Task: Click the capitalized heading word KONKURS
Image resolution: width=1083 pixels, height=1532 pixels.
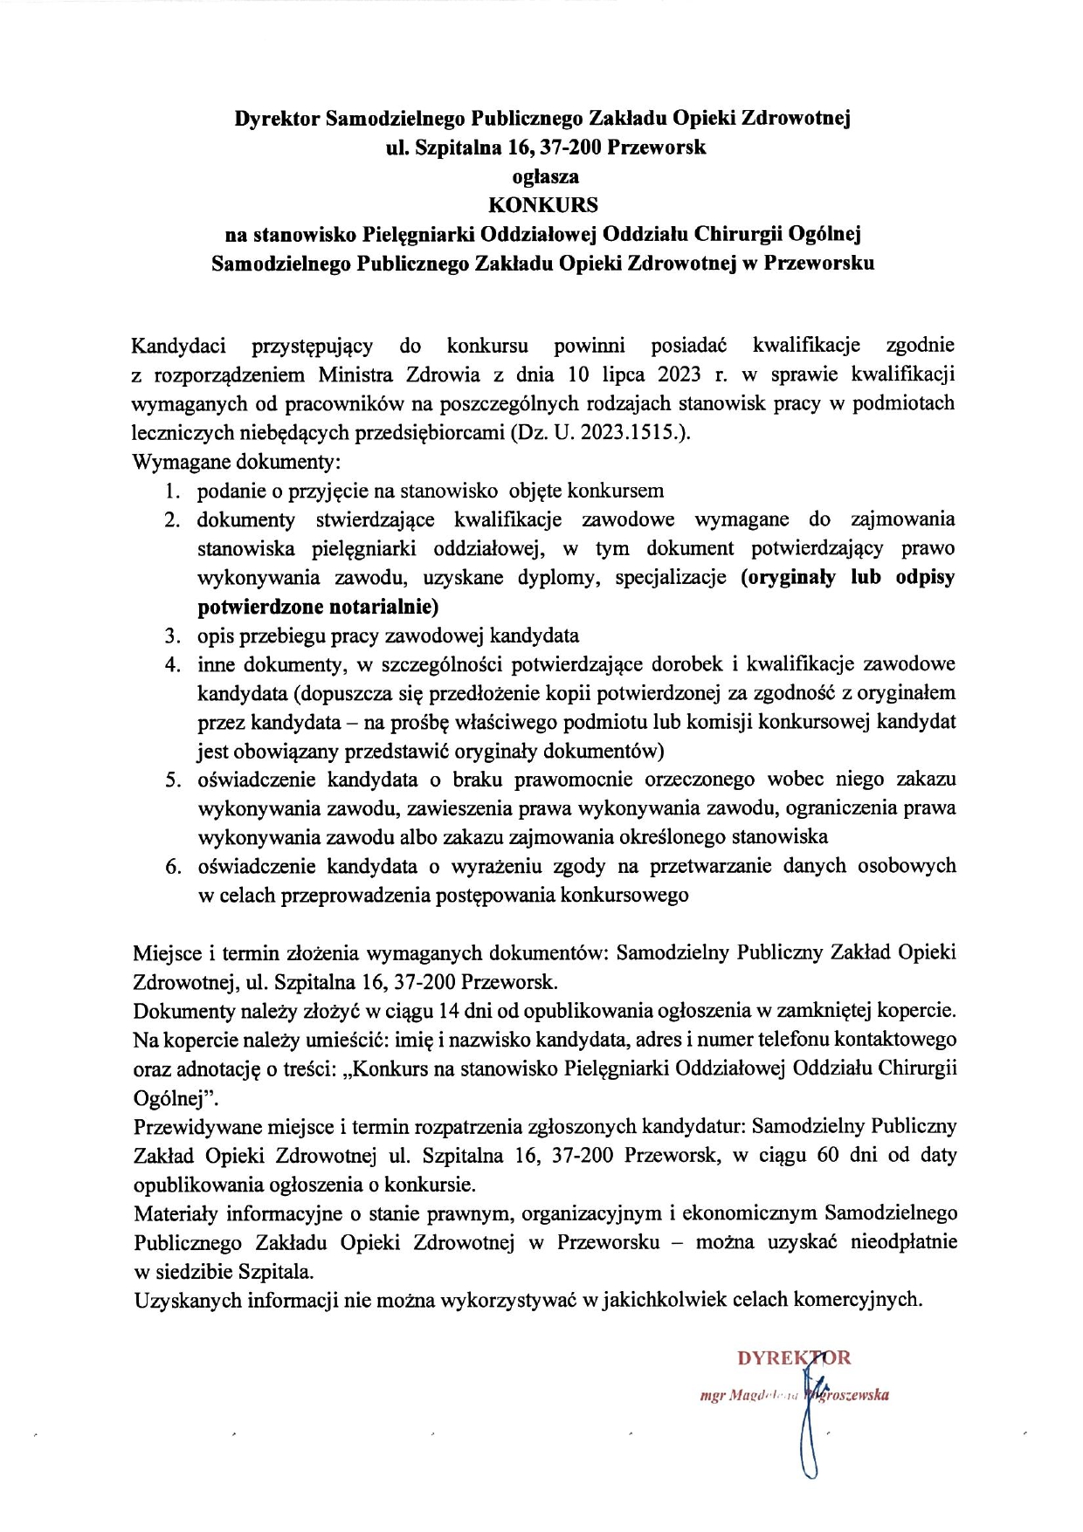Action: click(542, 205)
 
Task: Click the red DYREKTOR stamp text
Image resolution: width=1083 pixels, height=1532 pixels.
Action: click(793, 1358)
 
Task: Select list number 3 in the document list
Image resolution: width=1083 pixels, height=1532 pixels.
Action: click(172, 635)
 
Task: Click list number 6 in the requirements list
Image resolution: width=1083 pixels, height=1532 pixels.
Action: click(172, 867)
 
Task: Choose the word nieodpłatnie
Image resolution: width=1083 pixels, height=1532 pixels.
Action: click(904, 1242)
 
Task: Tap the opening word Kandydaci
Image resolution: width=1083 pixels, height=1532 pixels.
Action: click(178, 346)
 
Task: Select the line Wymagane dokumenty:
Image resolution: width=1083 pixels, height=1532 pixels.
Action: click(236, 462)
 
